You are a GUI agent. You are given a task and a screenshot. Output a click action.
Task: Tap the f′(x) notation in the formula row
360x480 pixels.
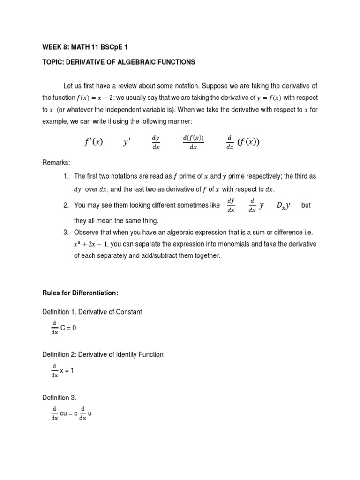92,142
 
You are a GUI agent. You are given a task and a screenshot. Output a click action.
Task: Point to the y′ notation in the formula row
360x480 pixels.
127,142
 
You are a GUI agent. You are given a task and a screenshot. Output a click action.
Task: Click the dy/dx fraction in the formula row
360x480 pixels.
156,142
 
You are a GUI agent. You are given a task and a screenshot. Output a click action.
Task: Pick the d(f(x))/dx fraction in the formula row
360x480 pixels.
193,142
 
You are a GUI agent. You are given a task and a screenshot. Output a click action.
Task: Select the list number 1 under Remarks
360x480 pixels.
66,176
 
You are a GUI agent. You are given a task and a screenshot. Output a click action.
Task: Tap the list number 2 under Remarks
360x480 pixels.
66,205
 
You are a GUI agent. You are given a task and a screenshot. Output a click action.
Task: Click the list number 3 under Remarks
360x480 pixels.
66,233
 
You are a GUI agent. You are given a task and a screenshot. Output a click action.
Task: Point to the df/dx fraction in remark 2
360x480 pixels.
231,205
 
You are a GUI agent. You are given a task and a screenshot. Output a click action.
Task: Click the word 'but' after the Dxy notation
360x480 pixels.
306,205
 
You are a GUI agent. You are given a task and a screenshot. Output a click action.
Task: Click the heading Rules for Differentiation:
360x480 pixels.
80,293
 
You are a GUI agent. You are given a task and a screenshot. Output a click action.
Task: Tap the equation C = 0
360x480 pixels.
68,328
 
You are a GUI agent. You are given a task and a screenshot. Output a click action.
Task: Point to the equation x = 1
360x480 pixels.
67,370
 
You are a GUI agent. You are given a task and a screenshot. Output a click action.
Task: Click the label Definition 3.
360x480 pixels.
59,397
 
